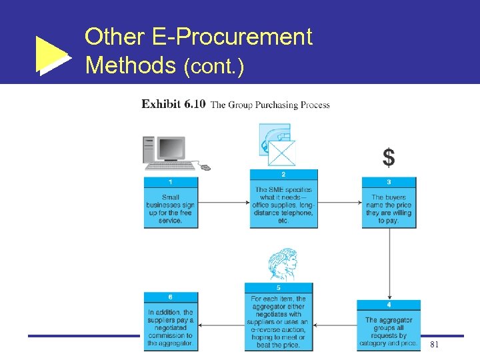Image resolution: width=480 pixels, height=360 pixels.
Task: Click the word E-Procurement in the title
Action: [x=243, y=37]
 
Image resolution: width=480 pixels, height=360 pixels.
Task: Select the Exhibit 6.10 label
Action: [x=173, y=105]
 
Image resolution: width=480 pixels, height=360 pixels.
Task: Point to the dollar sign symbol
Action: [x=388, y=158]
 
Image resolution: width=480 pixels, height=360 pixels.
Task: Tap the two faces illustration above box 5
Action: [x=283, y=265]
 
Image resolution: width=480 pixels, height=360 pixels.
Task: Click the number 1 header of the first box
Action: [x=171, y=182]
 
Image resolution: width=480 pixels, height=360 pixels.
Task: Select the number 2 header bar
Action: [x=283, y=175]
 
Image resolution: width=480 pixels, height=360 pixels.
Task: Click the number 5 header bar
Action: [x=278, y=288]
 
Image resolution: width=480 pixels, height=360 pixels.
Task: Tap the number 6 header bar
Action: [x=171, y=297]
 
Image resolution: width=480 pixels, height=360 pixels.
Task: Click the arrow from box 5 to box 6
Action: [x=221, y=325]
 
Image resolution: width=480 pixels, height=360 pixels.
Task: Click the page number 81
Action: [x=434, y=345]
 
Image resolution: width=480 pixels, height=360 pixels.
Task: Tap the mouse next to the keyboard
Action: [x=205, y=167]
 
